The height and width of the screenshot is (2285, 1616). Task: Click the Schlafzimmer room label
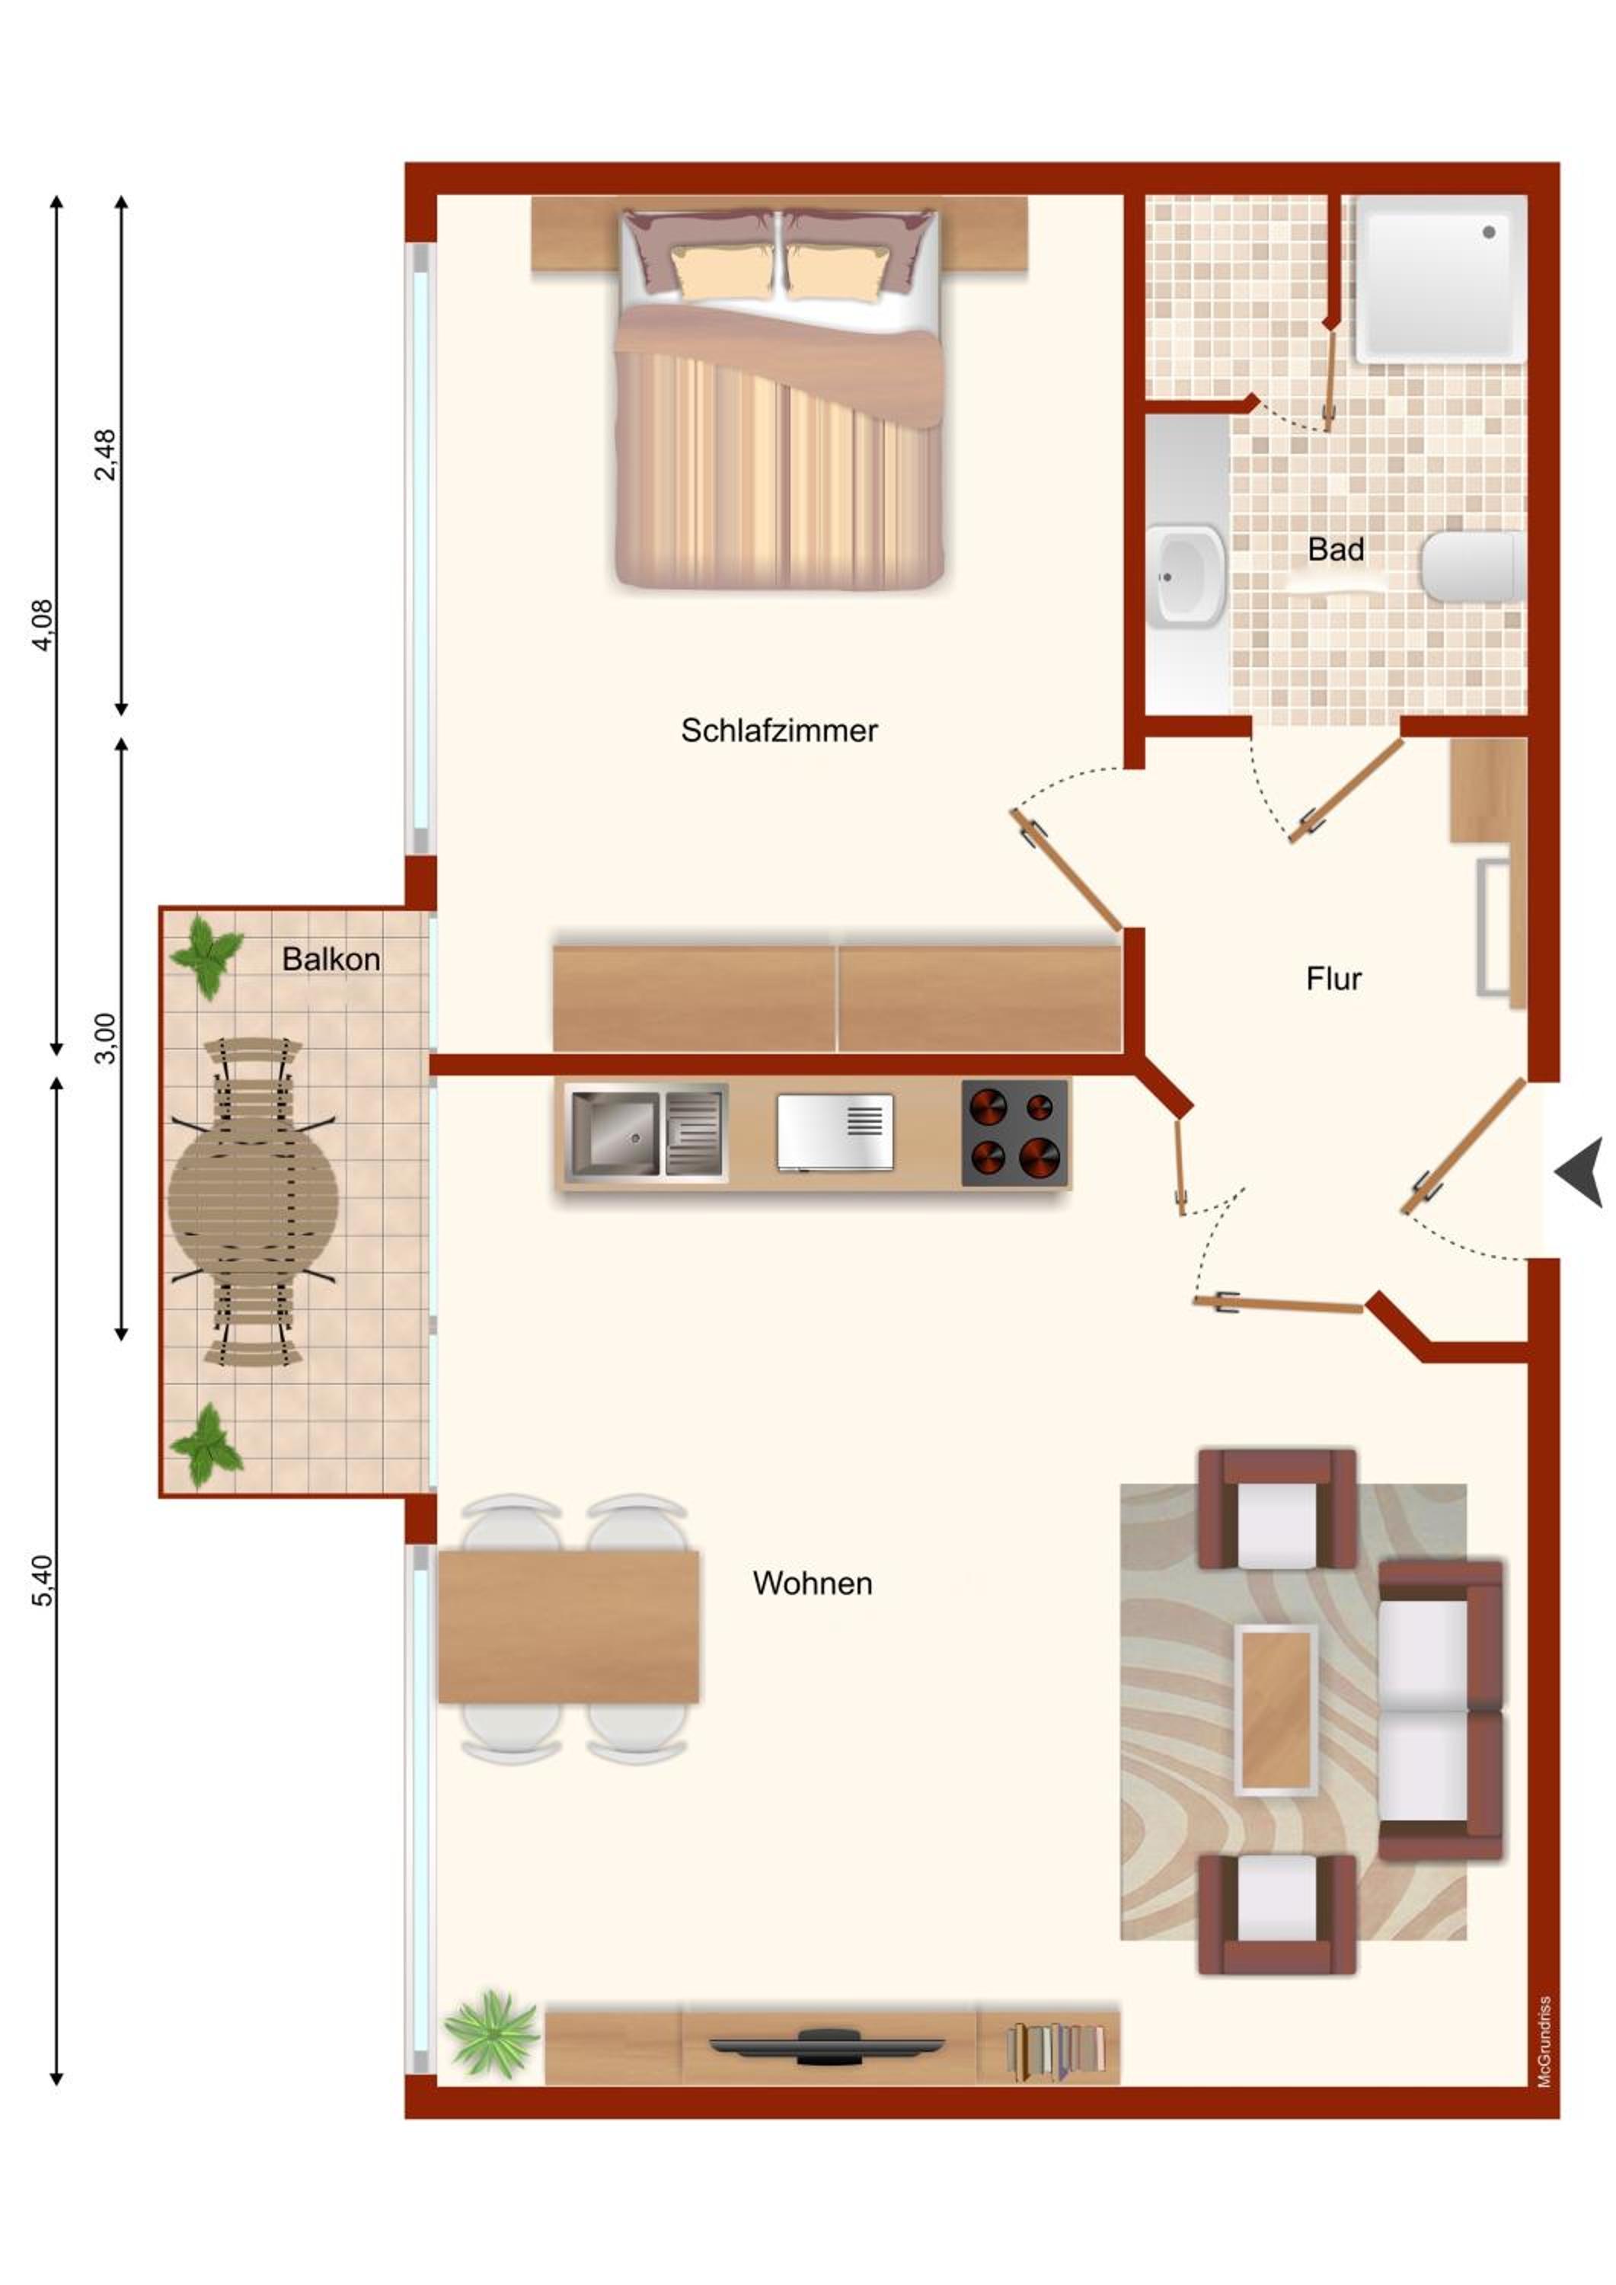coord(779,731)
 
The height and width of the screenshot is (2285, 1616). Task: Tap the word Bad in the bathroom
coord(1336,549)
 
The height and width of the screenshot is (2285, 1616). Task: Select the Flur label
coord(1333,980)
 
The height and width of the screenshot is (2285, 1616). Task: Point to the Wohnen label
coord(812,1584)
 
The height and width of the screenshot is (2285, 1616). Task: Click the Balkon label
coord(331,960)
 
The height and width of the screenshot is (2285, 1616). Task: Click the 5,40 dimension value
coord(43,1580)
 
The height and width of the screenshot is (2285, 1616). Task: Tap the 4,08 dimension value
coord(43,625)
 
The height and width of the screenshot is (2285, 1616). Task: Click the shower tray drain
coord(1489,232)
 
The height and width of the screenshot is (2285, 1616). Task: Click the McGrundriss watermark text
coord(1544,2041)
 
